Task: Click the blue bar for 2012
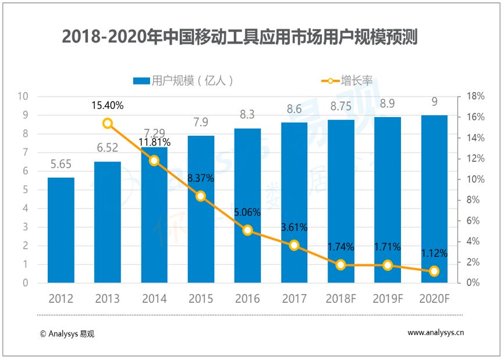click(x=61, y=230)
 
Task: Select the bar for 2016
click(x=247, y=206)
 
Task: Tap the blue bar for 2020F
click(x=434, y=199)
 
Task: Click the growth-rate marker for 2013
click(x=108, y=123)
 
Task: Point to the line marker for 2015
click(x=201, y=196)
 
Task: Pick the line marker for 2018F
click(x=340, y=265)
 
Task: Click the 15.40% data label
click(x=107, y=105)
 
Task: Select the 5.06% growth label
click(x=247, y=213)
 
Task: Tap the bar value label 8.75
click(x=341, y=107)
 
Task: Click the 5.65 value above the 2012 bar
click(x=61, y=164)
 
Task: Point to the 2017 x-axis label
click(x=294, y=299)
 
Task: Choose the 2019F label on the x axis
click(x=388, y=299)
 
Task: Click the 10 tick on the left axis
click(x=23, y=96)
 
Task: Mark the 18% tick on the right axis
click(x=475, y=96)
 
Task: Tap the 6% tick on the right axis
click(x=473, y=221)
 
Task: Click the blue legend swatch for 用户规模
click(x=141, y=81)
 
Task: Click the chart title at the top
click(x=240, y=37)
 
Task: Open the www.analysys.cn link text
click(x=436, y=333)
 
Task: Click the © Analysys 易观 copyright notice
click(x=67, y=334)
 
